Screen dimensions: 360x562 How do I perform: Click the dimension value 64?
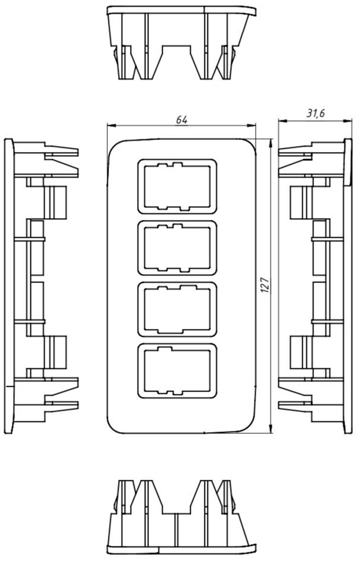point(182,120)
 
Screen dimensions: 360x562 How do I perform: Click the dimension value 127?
point(265,285)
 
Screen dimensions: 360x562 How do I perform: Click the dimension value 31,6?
point(315,113)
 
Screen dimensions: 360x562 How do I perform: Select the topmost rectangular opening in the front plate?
point(178,187)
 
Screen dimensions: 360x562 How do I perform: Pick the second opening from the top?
point(178,248)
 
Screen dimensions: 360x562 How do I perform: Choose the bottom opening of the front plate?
point(178,371)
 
